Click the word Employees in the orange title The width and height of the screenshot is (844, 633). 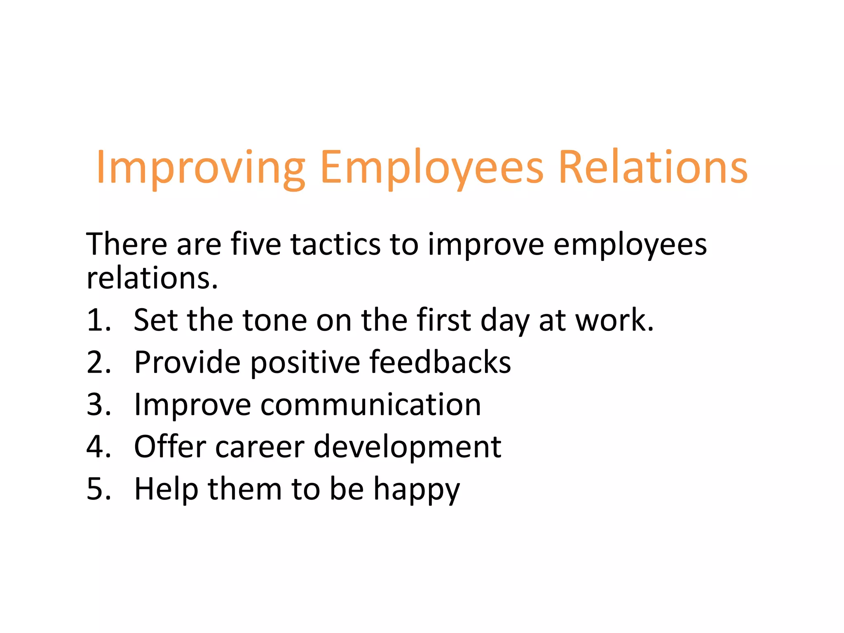click(x=431, y=167)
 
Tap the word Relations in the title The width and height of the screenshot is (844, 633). click(x=653, y=167)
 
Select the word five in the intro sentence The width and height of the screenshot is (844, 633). click(x=256, y=244)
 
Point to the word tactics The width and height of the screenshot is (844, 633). click(x=335, y=244)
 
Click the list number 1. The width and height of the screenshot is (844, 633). click(x=98, y=320)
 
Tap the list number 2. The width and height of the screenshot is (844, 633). click(x=98, y=362)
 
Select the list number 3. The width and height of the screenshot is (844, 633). click(x=98, y=405)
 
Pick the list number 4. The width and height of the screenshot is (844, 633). click(x=98, y=447)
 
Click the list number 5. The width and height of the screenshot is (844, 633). click(x=98, y=489)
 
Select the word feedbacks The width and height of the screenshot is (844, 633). click(x=440, y=362)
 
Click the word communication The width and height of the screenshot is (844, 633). click(x=370, y=405)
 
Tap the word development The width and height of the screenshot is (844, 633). click(x=407, y=447)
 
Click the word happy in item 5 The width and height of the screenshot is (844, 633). click(x=416, y=489)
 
